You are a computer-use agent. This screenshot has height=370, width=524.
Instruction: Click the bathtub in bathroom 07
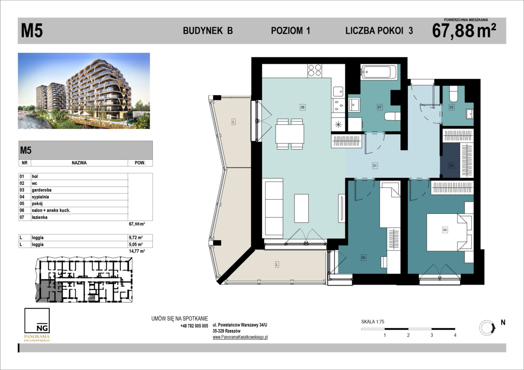[x=379, y=72]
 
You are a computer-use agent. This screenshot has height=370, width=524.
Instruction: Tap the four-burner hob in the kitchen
[x=314, y=71]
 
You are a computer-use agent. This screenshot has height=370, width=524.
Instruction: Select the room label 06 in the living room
[x=302, y=107]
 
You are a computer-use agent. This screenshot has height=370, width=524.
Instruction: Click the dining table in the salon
[x=290, y=134]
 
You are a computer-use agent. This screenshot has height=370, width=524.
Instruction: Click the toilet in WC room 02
[x=453, y=94]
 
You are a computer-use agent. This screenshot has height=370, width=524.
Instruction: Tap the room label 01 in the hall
[x=375, y=166]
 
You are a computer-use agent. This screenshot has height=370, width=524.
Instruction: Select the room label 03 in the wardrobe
[x=451, y=166]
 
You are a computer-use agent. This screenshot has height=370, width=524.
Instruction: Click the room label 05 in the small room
[x=363, y=258]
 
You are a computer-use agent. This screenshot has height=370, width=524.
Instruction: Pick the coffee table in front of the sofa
[x=301, y=208]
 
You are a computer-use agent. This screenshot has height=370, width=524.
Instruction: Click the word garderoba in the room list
[x=41, y=190]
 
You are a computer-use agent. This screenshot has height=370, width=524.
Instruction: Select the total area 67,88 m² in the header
[x=464, y=30]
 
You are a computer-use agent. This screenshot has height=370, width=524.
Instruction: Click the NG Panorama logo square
[x=37, y=320]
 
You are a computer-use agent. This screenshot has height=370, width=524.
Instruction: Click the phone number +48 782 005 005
[x=194, y=326]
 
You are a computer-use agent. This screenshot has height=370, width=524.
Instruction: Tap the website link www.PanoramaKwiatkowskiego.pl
[x=240, y=337]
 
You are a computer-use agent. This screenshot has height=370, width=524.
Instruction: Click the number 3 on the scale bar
[x=432, y=335]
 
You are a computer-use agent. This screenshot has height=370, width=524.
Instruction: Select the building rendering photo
[x=84, y=91]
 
